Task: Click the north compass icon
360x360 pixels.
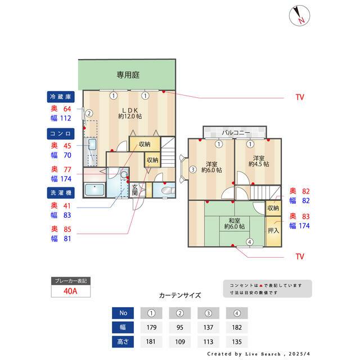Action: tap(299, 15)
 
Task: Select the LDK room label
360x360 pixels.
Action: tap(129, 112)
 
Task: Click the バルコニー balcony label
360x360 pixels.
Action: tap(235, 132)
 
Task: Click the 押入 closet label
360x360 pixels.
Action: tap(273, 231)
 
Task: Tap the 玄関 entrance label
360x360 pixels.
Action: tap(135, 190)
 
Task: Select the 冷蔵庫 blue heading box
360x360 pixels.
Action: tap(58, 96)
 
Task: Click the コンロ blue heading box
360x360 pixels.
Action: tap(58, 133)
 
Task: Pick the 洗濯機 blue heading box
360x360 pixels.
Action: tap(58, 192)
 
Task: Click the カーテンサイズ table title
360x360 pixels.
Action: tap(180, 295)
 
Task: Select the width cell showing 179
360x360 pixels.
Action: tap(151, 327)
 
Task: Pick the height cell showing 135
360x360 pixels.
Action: tap(236, 341)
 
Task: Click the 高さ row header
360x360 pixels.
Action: tap(123, 341)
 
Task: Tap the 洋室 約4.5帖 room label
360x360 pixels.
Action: tap(259, 161)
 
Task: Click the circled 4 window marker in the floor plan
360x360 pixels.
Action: tap(249, 242)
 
